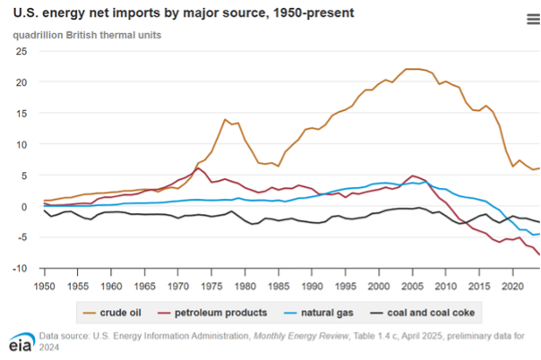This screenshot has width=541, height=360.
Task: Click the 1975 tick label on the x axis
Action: (x=210, y=286)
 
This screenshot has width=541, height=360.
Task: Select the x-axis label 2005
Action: (x=411, y=286)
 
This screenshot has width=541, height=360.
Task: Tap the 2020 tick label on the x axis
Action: (x=511, y=286)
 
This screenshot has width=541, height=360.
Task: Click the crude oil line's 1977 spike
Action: (x=226, y=119)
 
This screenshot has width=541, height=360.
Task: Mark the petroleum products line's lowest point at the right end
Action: (x=539, y=255)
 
